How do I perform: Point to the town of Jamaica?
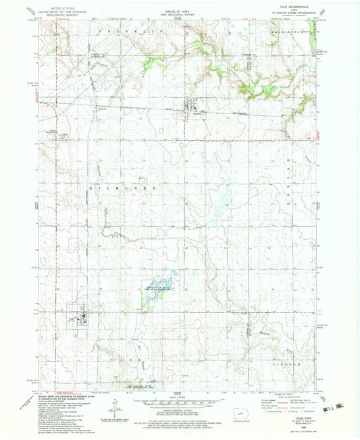click(x=195, y=109)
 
